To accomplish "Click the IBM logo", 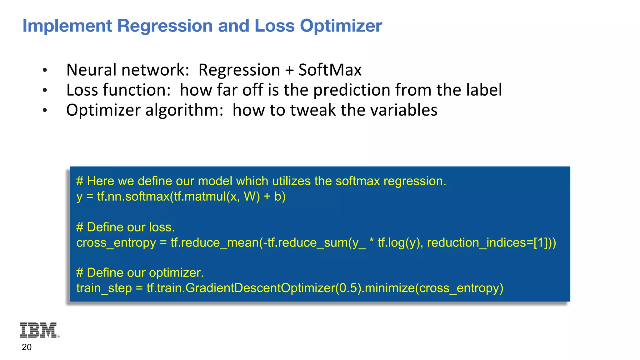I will [39, 330].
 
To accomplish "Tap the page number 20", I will [27, 347].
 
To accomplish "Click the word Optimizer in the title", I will [341, 26].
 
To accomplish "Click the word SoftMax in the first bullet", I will [330, 70].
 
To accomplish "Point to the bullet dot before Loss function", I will [45, 91].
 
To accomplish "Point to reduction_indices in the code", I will [480, 243].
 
